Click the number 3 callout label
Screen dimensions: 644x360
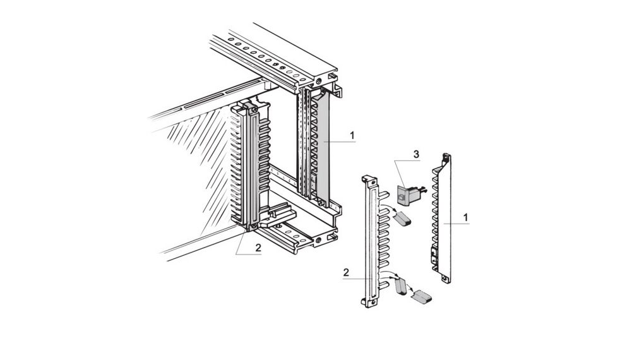pos(415,154)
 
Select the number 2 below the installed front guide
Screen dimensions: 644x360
pos(258,248)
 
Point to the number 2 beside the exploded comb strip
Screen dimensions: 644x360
pos(346,272)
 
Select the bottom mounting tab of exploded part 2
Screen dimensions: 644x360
pos(368,304)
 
